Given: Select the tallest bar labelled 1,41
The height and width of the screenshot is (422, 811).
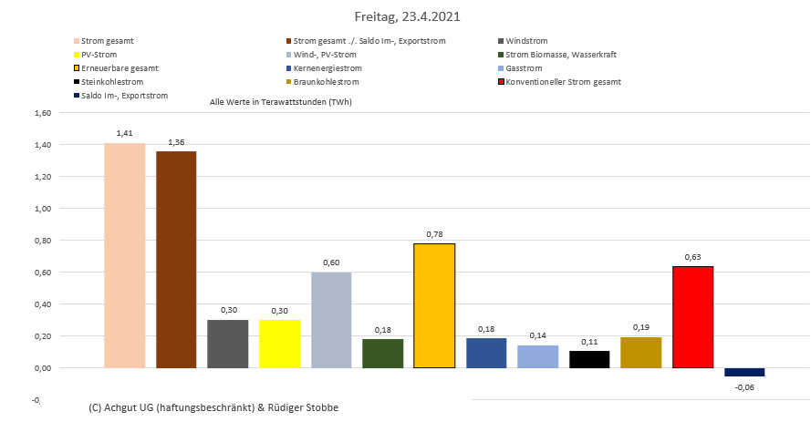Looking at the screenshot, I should pyautogui.click(x=124, y=255).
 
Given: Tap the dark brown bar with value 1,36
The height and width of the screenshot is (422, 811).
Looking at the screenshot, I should pyautogui.click(x=176, y=260).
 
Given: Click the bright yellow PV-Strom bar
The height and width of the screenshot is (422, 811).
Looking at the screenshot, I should pyautogui.click(x=279, y=344).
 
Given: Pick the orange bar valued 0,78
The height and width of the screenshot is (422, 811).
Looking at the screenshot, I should pyautogui.click(x=434, y=306).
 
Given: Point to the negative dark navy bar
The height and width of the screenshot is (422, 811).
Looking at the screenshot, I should pyautogui.click(x=744, y=372).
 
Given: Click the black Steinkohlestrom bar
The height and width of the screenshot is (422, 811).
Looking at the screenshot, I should pyautogui.click(x=589, y=359).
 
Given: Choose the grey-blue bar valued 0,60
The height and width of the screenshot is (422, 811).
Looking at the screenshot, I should pyautogui.click(x=331, y=320).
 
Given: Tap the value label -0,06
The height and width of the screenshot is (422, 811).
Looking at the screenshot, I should pyautogui.click(x=744, y=387).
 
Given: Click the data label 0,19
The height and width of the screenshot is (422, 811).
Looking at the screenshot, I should pyautogui.click(x=641, y=326).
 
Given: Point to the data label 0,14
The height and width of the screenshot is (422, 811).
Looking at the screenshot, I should pyautogui.click(x=537, y=335).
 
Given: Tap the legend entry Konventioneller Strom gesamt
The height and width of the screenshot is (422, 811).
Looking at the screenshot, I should pyautogui.click(x=563, y=82).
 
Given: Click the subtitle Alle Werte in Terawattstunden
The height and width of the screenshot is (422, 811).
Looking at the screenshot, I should pyautogui.click(x=281, y=102).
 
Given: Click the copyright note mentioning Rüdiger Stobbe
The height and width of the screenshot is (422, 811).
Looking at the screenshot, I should pyautogui.click(x=214, y=407).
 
